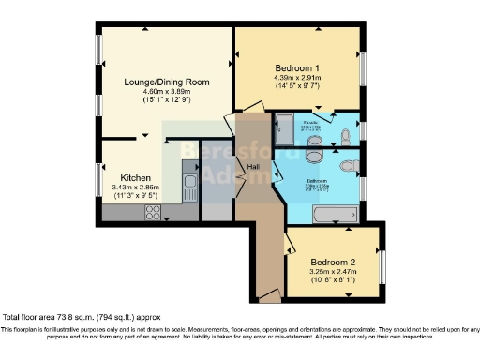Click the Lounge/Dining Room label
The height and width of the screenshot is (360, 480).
[x=167, y=82]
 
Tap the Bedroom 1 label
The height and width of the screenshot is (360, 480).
[x=297, y=68]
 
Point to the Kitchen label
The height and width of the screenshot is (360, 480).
[x=136, y=177]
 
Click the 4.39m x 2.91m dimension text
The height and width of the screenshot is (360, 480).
[x=297, y=81]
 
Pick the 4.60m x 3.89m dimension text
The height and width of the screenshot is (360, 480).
[x=167, y=92]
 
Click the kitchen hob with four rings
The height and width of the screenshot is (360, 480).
[x=152, y=212]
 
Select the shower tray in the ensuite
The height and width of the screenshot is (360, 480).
[x=283, y=130]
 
